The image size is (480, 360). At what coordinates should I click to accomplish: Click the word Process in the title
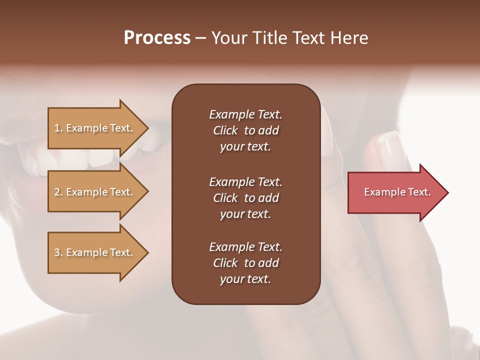(x=157, y=38)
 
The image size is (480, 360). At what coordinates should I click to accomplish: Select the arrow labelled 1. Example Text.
(x=93, y=128)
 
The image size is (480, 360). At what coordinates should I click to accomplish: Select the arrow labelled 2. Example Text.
(x=93, y=192)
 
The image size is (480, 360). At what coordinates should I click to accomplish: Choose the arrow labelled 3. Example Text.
(x=93, y=252)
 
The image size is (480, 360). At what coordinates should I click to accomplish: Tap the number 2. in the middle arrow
(x=58, y=192)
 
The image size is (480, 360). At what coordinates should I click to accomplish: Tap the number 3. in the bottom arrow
(x=58, y=252)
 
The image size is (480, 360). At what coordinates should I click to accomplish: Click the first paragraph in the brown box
(x=245, y=130)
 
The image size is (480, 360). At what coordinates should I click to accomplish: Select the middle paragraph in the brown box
(x=245, y=198)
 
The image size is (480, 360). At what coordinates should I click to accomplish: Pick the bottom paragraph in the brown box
(x=245, y=263)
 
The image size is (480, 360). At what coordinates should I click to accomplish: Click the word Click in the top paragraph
(x=225, y=130)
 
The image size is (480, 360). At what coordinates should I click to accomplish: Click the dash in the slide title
(x=200, y=38)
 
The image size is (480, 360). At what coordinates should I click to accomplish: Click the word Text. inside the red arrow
(x=419, y=192)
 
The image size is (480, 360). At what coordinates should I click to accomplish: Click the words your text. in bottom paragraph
(x=245, y=279)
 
